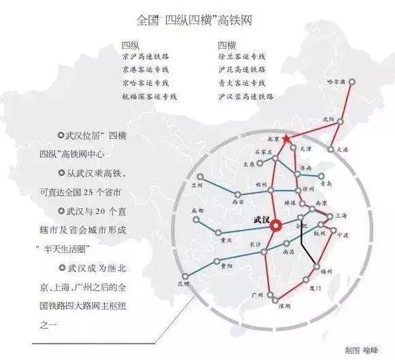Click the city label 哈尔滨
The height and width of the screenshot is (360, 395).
pyautogui.click(x=338, y=81)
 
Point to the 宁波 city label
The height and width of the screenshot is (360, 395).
pyautogui.click(x=343, y=235)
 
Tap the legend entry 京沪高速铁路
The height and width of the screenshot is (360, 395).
pyautogui.click(x=148, y=57)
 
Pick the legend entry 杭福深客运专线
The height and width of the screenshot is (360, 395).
pyautogui.click(x=151, y=96)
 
